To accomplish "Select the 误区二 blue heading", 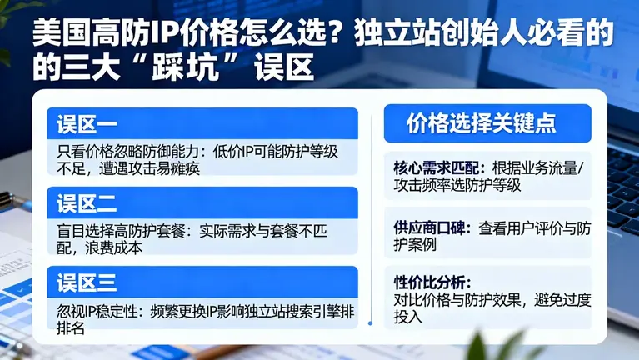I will (x=87, y=203).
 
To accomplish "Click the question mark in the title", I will (x=332, y=36).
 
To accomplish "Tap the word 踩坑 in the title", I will (x=200, y=67).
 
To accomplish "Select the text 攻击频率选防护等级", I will (x=457, y=185).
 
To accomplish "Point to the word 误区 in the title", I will (x=286, y=67).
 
